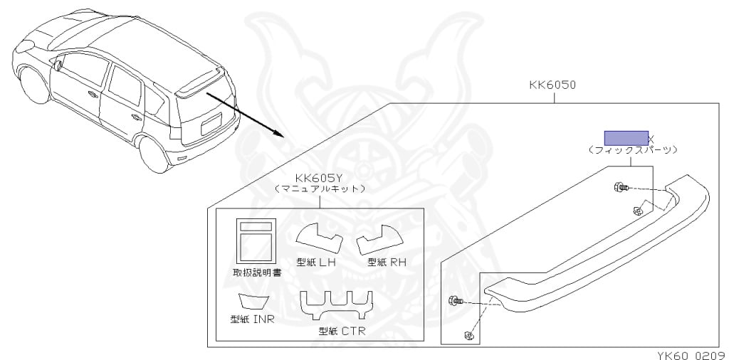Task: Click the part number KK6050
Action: pos(552,85)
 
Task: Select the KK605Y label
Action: pos(318,179)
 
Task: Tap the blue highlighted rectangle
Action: pos(626,138)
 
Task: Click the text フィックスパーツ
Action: pos(632,150)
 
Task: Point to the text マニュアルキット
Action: pos(319,189)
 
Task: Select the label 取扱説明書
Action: pos(256,272)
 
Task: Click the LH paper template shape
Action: pos(320,238)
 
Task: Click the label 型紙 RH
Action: pos(387,263)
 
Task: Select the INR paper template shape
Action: pos(253,300)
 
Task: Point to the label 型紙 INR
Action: pos(252,319)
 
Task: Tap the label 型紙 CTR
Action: pos(342,331)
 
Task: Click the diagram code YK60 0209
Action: pos(692,355)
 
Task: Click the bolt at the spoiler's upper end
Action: pos(621,188)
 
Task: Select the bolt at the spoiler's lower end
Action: pos(455,301)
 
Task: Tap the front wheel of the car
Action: pos(33,85)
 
